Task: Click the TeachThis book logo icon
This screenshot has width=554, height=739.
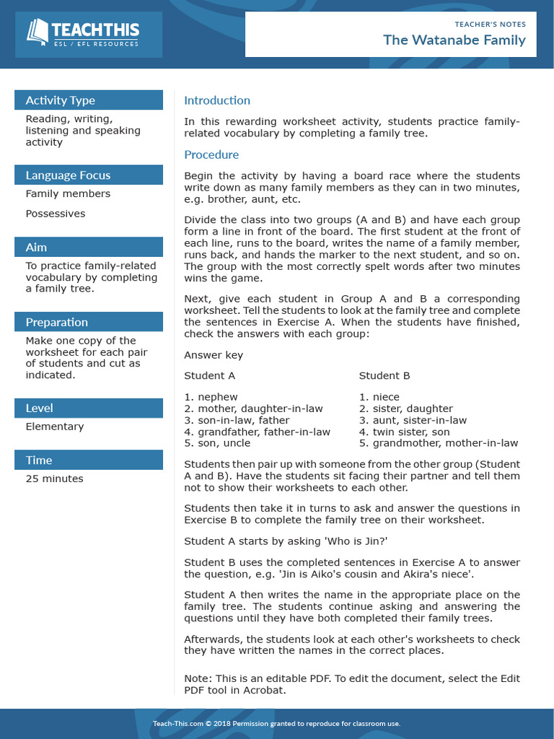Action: pos(38,31)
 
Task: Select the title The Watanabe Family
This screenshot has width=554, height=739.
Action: pos(454,40)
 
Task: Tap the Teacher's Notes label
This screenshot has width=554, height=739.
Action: pos(490,25)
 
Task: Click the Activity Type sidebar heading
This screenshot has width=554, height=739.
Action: pos(61,100)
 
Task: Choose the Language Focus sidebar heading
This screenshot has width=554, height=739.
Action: pos(68,175)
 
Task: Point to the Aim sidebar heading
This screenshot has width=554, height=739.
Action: pos(36,248)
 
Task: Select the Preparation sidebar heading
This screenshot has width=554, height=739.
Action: pos(56,323)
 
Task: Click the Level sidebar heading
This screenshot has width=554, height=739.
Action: pos(39,408)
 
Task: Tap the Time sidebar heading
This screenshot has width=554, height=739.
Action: pos(39,460)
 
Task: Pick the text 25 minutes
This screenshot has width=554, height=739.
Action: pos(54,478)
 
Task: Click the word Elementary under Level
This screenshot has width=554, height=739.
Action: pos(54,427)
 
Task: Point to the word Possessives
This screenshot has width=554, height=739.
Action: pos(55,214)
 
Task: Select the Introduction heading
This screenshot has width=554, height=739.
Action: pos(217,100)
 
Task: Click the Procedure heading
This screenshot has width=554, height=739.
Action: pos(211,154)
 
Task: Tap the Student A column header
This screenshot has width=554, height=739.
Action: pos(209,375)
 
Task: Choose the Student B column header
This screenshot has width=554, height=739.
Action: pos(384,375)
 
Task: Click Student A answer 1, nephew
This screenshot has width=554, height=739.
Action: pos(211,397)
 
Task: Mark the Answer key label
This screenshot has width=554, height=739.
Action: pos(214,355)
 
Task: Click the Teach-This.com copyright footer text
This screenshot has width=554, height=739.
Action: pos(276,724)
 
